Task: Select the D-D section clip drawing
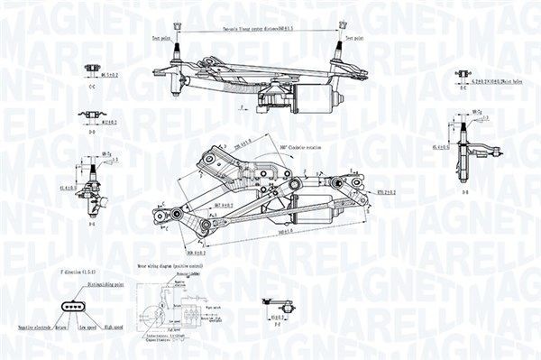tap(90, 115)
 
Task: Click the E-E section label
tap(463, 88)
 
